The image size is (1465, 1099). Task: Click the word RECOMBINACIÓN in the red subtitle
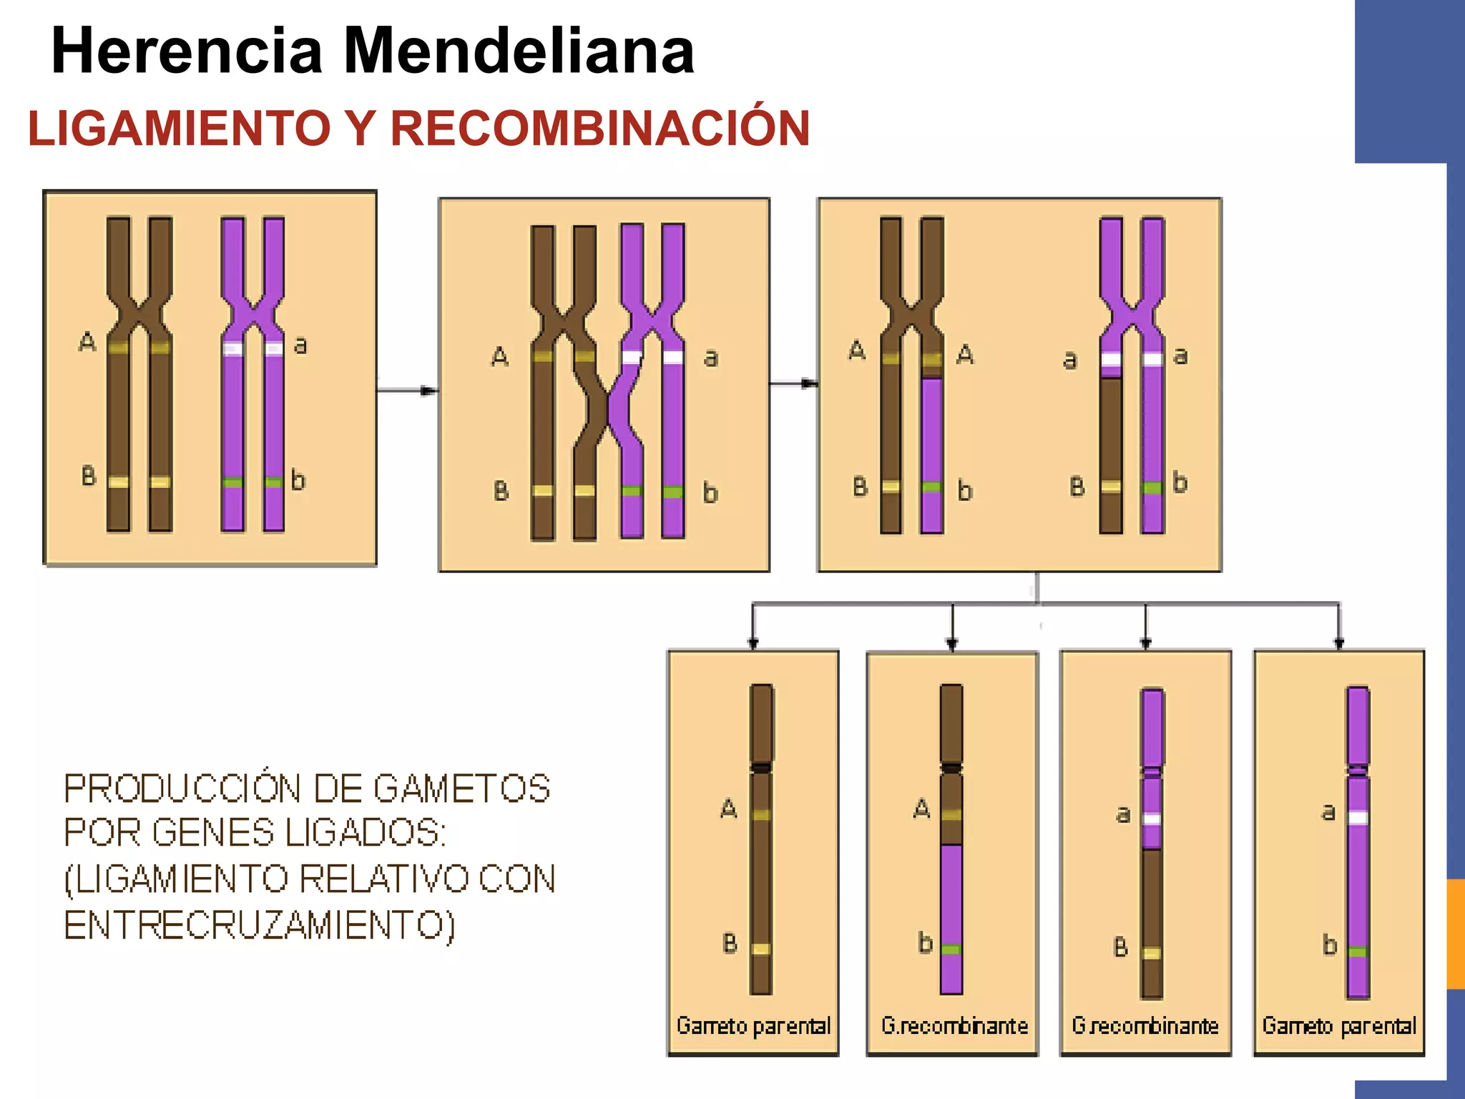(x=599, y=129)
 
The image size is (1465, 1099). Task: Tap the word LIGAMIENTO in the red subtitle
(x=179, y=129)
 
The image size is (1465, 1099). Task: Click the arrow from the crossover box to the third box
(x=794, y=384)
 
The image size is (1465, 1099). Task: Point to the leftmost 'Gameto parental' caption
(x=753, y=1026)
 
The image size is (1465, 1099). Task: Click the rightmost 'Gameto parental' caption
(x=1339, y=1026)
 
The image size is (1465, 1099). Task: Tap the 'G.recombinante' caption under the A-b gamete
(x=954, y=1026)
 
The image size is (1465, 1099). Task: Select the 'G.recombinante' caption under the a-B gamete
(x=1145, y=1026)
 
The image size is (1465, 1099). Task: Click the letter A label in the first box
(x=87, y=342)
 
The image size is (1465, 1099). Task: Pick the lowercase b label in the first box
(x=298, y=480)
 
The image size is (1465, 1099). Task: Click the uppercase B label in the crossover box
(x=501, y=491)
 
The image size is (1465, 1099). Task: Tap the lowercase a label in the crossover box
(x=710, y=358)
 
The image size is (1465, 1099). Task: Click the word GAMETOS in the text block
(x=461, y=789)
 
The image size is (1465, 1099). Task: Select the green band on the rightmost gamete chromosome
(x=1358, y=952)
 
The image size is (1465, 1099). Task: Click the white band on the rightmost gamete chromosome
(x=1358, y=818)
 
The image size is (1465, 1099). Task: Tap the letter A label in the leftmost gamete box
(x=728, y=809)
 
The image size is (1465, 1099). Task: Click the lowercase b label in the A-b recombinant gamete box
(x=925, y=943)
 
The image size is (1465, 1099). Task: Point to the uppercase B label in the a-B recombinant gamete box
(x=1121, y=947)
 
